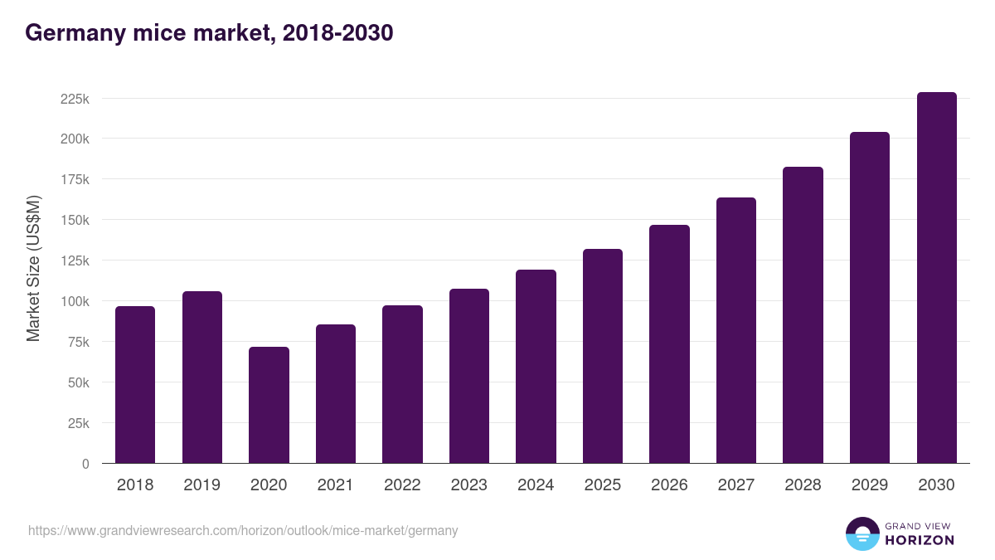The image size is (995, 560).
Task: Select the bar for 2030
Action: click(x=936, y=278)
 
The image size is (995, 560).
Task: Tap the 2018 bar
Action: click(x=135, y=385)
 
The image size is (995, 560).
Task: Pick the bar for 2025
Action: click(x=602, y=356)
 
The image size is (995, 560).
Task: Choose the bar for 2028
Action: click(x=803, y=315)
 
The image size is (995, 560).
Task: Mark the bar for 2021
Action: click(x=335, y=394)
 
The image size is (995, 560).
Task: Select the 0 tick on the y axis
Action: click(x=85, y=464)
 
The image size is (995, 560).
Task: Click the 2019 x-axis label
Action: click(x=201, y=485)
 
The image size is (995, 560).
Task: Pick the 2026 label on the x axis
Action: click(x=669, y=485)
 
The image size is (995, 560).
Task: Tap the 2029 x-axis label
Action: click(x=869, y=485)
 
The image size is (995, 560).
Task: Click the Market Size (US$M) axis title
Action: click(x=33, y=267)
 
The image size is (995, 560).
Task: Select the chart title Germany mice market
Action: click(x=209, y=33)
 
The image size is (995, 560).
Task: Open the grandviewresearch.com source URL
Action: click(x=243, y=530)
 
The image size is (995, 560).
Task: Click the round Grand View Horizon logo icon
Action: click(x=862, y=533)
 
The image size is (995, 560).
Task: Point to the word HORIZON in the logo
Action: click(x=920, y=540)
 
